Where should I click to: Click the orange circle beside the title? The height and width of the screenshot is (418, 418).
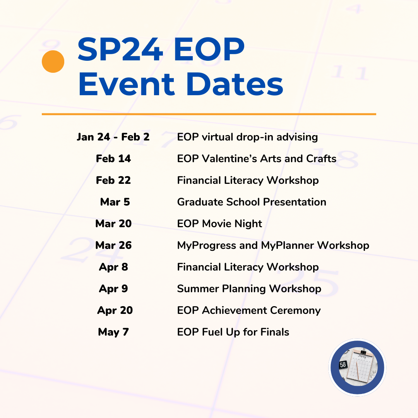pyautogui.click(x=53, y=62)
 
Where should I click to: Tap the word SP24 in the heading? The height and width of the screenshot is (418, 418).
pyautogui.click(x=120, y=50)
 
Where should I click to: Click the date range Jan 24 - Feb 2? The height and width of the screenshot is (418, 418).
pyautogui.click(x=113, y=137)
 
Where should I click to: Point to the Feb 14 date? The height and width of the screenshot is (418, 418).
pyautogui.click(x=113, y=159)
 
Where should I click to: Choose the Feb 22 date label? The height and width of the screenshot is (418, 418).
pyautogui.click(x=113, y=180)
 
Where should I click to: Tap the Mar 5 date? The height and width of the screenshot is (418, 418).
pyautogui.click(x=115, y=202)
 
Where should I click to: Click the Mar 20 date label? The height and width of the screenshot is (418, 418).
pyautogui.click(x=113, y=224)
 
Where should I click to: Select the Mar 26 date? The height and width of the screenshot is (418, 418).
pyautogui.click(x=113, y=245)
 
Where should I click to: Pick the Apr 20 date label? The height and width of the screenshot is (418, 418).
pyautogui.click(x=115, y=310)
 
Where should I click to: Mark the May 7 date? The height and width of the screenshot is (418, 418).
pyautogui.click(x=113, y=332)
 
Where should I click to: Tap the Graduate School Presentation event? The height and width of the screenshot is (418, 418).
pyautogui.click(x=252, y=202)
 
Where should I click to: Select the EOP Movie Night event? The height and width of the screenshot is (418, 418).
pyautogui.click(x=219, y=224)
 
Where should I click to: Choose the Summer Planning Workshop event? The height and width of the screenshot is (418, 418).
pyautogui.click(x=249, y=289)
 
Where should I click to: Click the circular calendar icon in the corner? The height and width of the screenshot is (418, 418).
pyautogui.click(x=357, y=368)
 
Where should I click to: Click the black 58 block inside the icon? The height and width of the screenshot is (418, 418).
pyautogui.click(x=343, y=365)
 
